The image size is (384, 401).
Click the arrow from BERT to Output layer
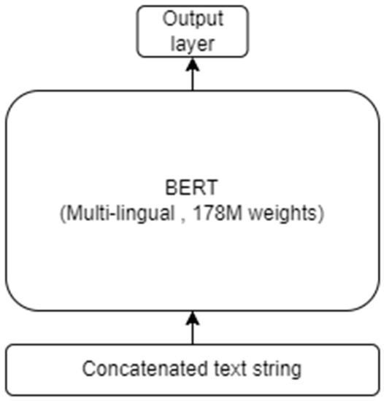(x=192, y=76)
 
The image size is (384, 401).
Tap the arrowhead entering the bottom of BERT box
(x=192, y=316)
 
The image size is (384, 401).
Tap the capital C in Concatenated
(x=88, y=370)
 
